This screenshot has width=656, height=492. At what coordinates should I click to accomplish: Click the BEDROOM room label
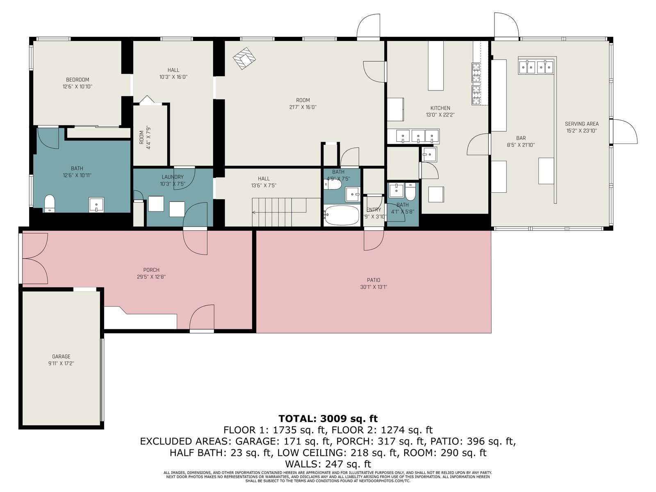[77, 80]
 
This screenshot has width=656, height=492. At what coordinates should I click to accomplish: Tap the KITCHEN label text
[440, 108]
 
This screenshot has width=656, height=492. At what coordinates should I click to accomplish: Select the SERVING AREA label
[581, 124]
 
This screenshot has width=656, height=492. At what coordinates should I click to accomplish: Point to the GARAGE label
[61, 357]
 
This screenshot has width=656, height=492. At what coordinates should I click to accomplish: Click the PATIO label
[374, 280]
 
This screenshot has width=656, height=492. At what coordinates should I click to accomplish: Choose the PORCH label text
[151, 270]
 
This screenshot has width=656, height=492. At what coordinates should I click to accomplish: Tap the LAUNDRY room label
[173, 177]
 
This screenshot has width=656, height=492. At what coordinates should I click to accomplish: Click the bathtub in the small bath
[341, 215]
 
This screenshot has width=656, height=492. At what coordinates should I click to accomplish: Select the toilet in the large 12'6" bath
[49, 203]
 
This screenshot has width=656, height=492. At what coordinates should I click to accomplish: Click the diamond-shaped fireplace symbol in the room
[244, 59]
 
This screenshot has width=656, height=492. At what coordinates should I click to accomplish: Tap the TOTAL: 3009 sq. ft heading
[328, 419]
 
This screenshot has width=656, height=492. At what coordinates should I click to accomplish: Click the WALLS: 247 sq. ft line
[328, 464]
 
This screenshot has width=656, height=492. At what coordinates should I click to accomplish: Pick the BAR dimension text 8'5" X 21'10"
[521, 145]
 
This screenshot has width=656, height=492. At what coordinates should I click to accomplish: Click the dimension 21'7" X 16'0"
[303, 107]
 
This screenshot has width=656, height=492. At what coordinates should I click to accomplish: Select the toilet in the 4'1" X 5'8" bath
[410, 191]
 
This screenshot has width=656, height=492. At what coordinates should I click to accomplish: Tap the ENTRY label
[374, 210]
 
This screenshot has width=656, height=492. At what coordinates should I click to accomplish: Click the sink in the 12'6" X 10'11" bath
[96, 205]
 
